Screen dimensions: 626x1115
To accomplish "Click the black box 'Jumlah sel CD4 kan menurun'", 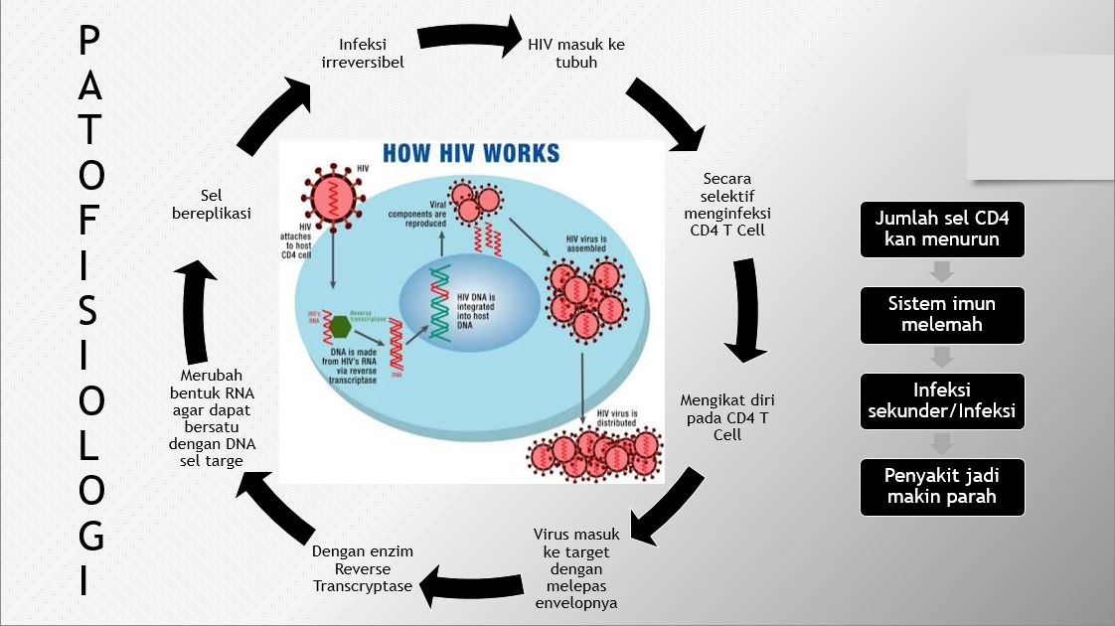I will pyautogui.click(x=942, y=229).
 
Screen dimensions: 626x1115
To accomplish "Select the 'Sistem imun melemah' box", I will pyautogui.click(x=942, y=315).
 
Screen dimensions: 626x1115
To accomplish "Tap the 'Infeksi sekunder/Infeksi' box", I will pyautogui.click(x=942, y=401).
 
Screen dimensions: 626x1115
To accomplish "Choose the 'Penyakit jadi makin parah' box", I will pyautogui.click(x=942, y=487).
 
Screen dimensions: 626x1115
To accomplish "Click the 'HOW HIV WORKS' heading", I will pyautogui.click(x=471, y=154).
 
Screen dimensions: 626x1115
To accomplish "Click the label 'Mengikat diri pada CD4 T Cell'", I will pyautogui.click(x=726, y=417).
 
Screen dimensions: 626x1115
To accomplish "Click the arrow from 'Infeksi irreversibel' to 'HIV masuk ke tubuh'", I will pyautogui.click(x=471, y=38).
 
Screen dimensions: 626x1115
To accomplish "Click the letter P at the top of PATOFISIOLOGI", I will pyautogui.click(x=89, y=43).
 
